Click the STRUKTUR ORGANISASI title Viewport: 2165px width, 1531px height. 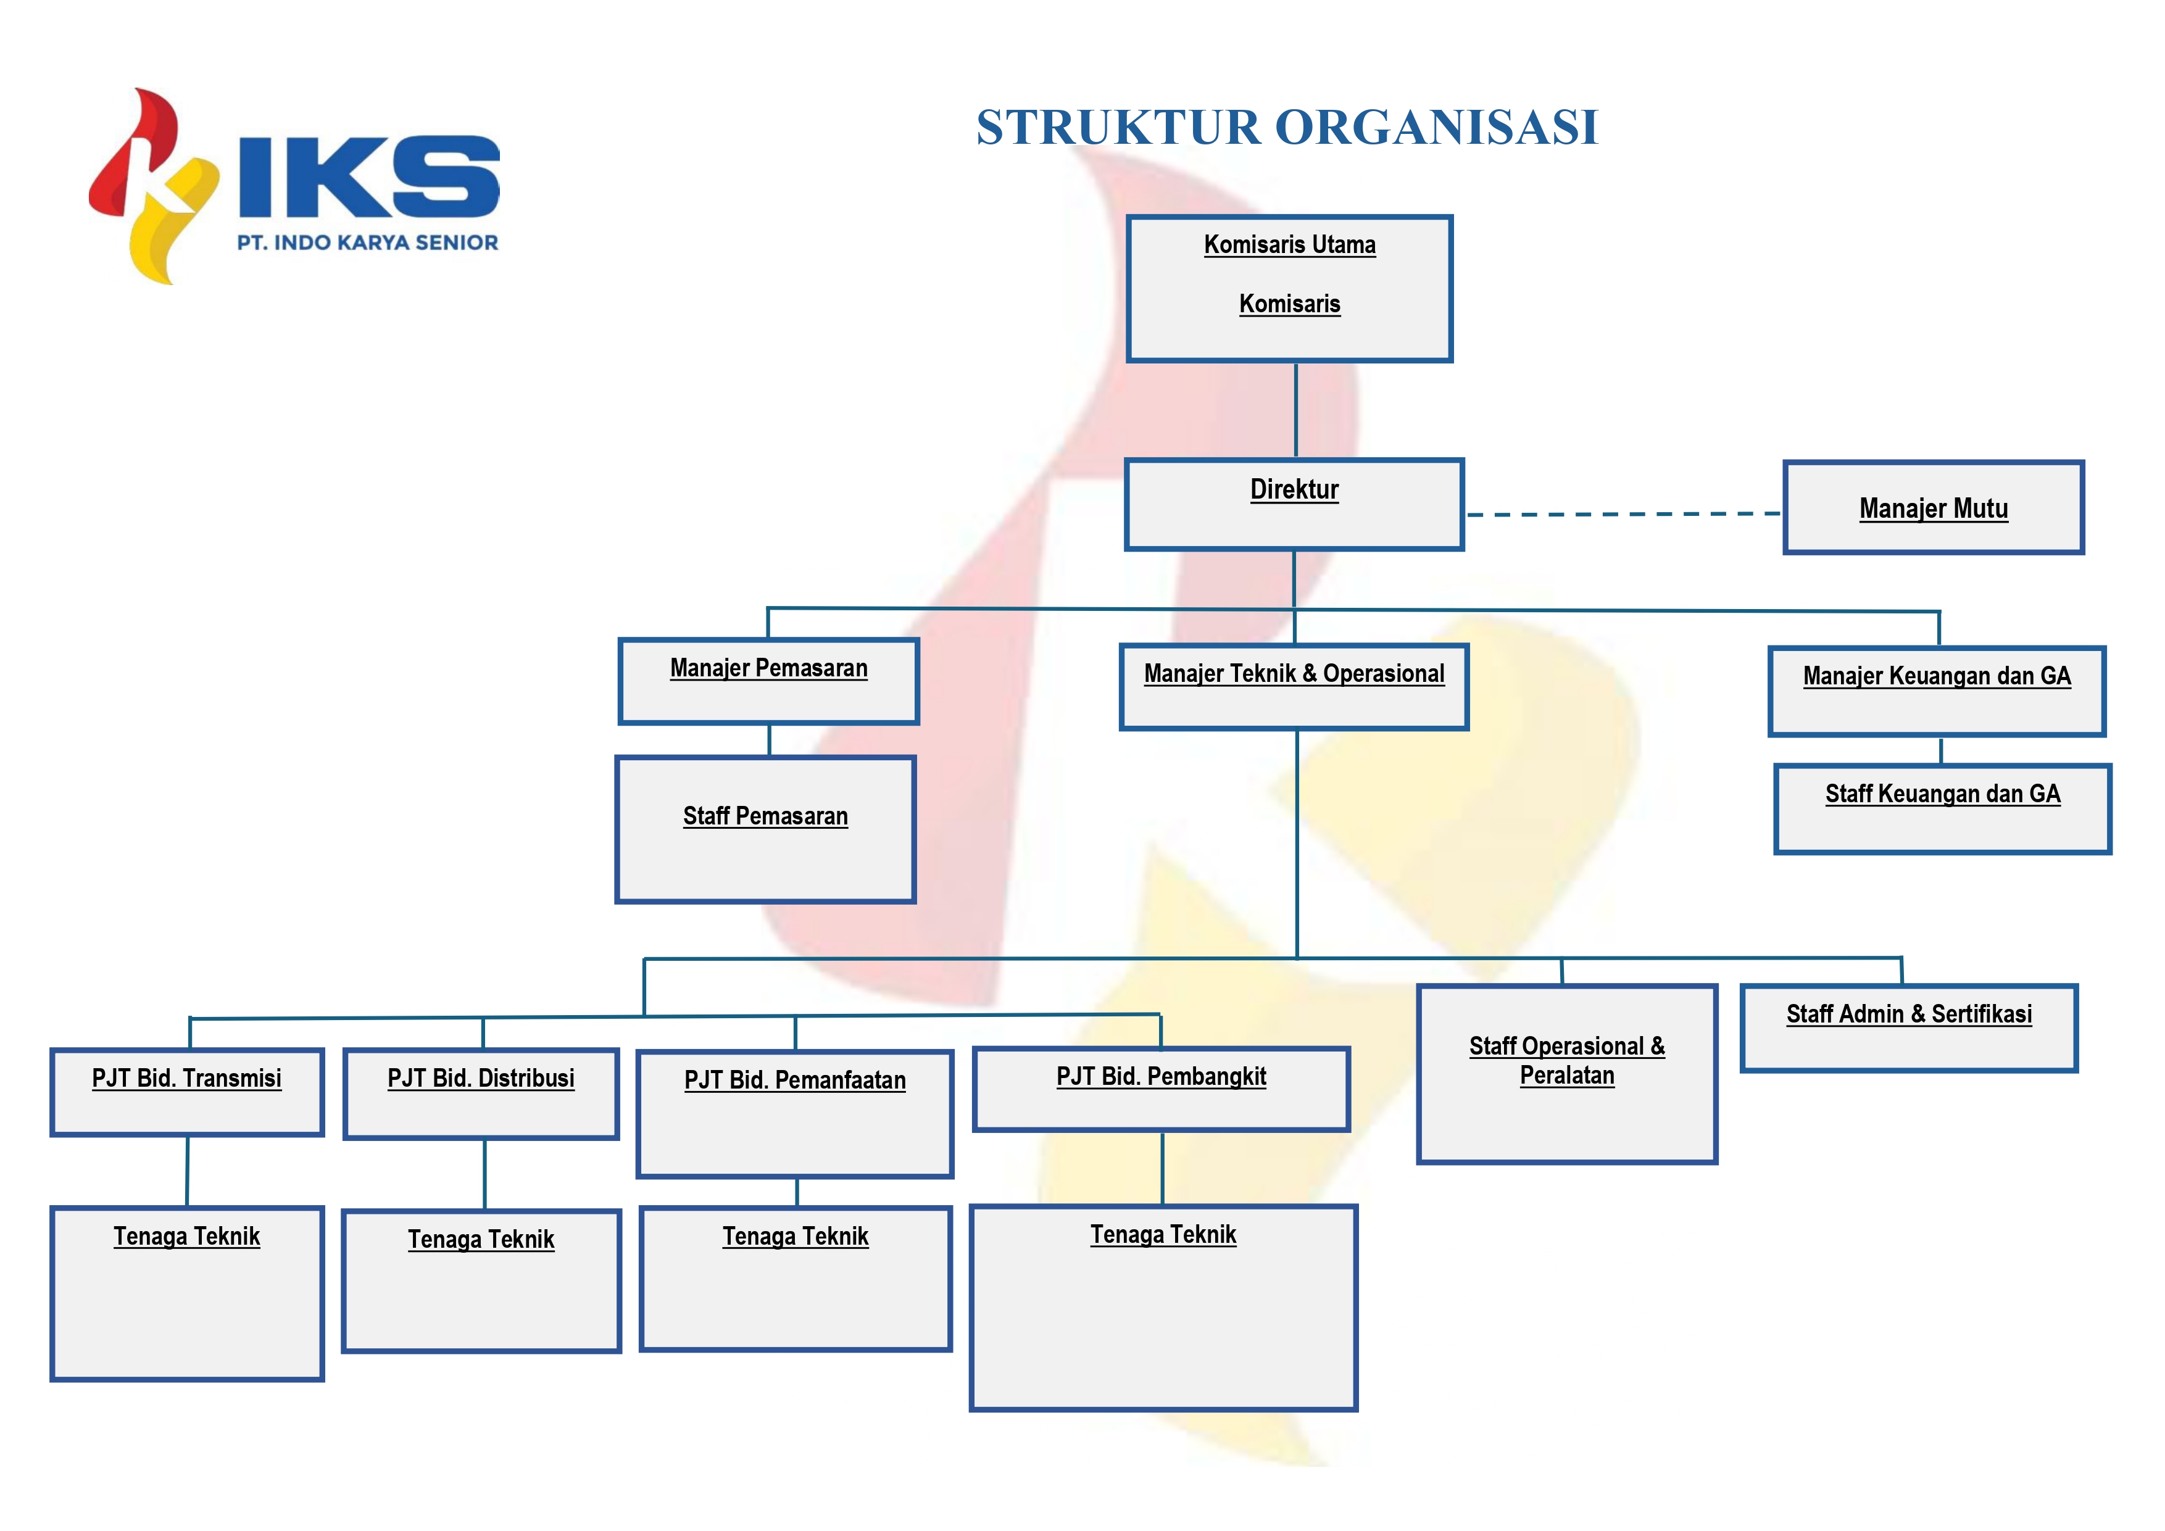click(x=1287, y=127)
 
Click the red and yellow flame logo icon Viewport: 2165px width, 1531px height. click(x=154, y=186)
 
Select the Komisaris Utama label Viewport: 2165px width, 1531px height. click(x=1289, y=245)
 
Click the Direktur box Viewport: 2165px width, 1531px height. click(x=1294, y=504)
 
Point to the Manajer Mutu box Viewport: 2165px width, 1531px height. click(x=1933, y=507)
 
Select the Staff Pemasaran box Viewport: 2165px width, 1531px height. click(x=765, y=829)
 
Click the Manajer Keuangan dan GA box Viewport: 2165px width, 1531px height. click(x=1937, y=691)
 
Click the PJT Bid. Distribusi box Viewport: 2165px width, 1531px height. click(x=481, y=1093)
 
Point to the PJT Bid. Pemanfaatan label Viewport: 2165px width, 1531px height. click(x=795, y=1081)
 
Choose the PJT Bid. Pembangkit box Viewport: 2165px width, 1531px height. click(x=1161, y=1089)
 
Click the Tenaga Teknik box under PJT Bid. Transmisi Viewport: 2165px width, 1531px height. click(x=187, y=1293)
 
